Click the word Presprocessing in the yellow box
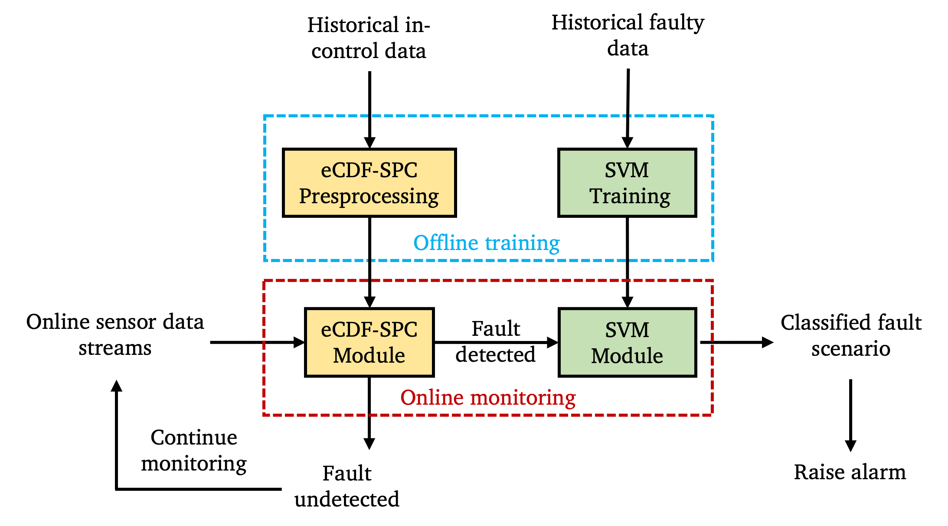[x=369, y=196]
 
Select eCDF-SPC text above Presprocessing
[x=369, y=170]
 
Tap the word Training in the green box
[x=629, y=196]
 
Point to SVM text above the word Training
[x=627, y=170]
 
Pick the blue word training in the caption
[x=523, y=243]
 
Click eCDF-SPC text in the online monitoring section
[x=369, y=329]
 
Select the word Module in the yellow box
[x=369, y=355]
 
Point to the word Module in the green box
[x=627, y=356]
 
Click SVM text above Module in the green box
[x=627, y=330]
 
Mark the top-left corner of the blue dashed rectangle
[x=265, y=116]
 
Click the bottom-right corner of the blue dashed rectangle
[x=713, y=260]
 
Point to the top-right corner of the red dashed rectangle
[x=712, y=281]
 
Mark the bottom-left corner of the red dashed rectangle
[x=264, y=415]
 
